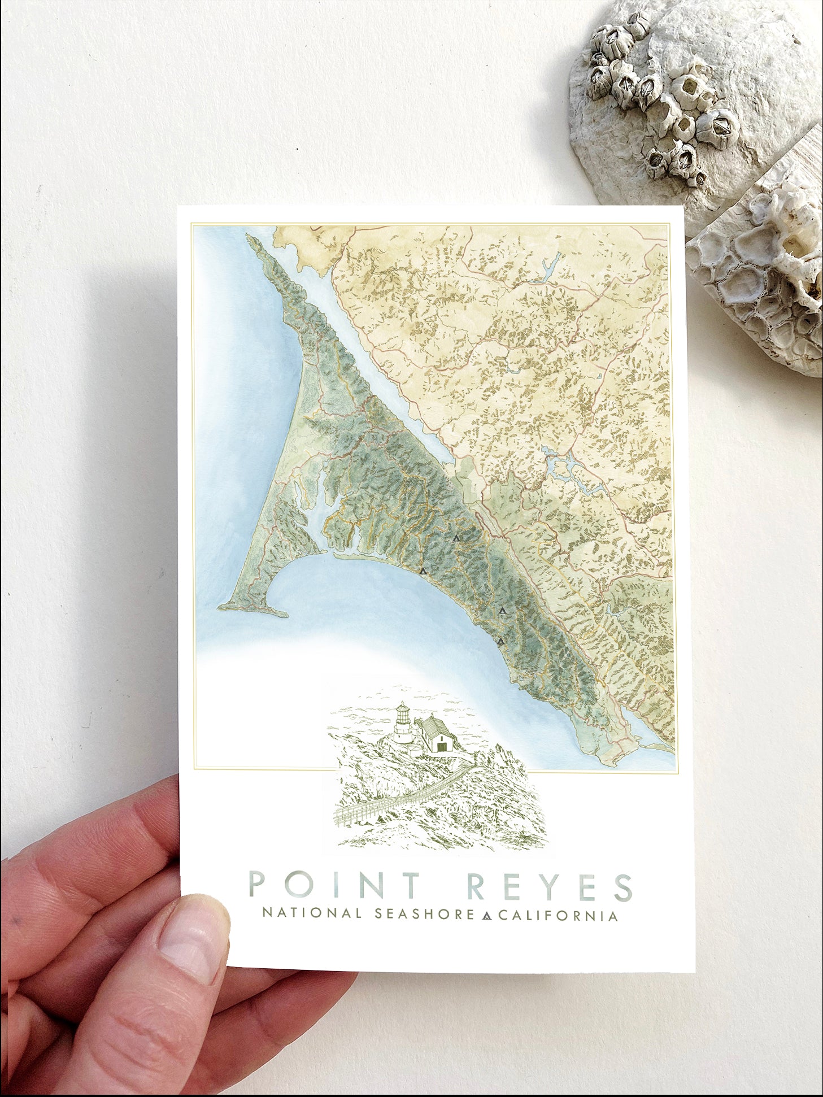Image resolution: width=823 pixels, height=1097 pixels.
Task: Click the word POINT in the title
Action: pos(334,886)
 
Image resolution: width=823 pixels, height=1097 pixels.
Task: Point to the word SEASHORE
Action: pos(424,914)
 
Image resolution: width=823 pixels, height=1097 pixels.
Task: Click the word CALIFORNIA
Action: pos(558,915)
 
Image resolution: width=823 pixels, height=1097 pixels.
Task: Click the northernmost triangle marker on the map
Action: pos(456,538)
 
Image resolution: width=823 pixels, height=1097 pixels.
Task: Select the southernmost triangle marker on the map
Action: pos(500,641)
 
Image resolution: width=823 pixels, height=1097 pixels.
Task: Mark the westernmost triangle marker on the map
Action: pos(423,571)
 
